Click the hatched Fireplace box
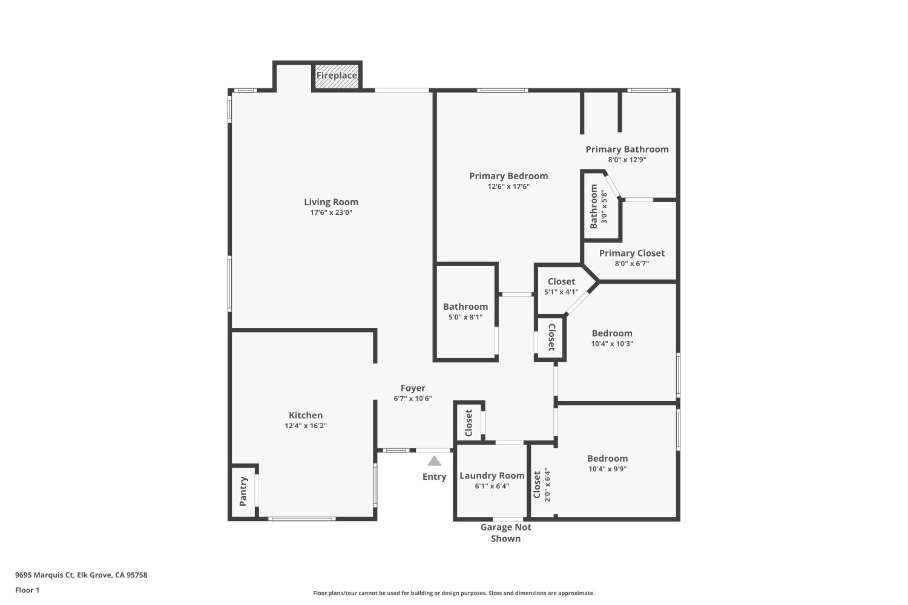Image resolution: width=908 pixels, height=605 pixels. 337,76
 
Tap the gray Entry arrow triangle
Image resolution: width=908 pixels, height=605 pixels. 435,461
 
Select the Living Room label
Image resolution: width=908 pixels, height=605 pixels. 331,202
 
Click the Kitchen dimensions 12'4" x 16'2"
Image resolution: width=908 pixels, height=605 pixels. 306,426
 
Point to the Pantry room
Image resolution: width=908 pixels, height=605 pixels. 243,491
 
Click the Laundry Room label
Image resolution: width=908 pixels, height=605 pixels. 492,476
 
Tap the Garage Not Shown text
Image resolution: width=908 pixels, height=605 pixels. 505,532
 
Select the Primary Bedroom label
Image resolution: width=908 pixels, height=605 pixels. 508,176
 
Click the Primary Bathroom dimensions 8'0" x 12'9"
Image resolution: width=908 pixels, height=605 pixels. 627,160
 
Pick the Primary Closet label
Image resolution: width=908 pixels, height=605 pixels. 631,253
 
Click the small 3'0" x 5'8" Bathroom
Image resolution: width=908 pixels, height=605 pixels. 599,206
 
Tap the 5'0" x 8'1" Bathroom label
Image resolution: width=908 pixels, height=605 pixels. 465,307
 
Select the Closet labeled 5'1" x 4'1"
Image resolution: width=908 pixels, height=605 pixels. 561,286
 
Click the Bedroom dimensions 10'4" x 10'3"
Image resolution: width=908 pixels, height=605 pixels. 612,344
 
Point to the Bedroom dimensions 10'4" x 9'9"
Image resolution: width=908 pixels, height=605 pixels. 607,469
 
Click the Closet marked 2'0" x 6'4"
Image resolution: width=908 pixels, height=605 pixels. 541,484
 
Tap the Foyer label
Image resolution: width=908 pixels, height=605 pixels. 413,388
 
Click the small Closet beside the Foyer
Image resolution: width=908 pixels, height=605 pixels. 469,422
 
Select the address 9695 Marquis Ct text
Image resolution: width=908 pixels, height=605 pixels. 81,575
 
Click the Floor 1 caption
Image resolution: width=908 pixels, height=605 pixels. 27,590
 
